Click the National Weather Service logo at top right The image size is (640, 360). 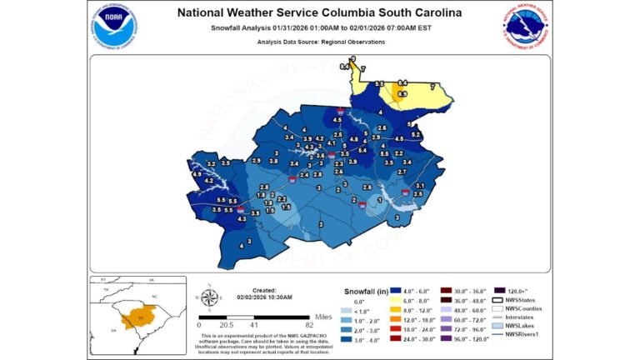click(526, 28)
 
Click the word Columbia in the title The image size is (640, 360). click(374, 12)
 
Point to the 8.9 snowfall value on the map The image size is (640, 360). click(402, 94)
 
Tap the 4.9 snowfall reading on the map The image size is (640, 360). click(197, 174)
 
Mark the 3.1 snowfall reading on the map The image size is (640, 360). click(420, 185)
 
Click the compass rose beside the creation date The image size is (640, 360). click(210, 297)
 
